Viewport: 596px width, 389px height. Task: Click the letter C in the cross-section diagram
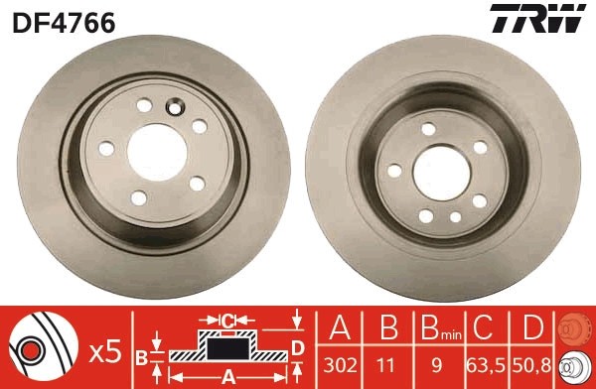(x=226, y=320)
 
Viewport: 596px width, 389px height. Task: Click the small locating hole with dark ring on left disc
(x=177, y=108)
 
